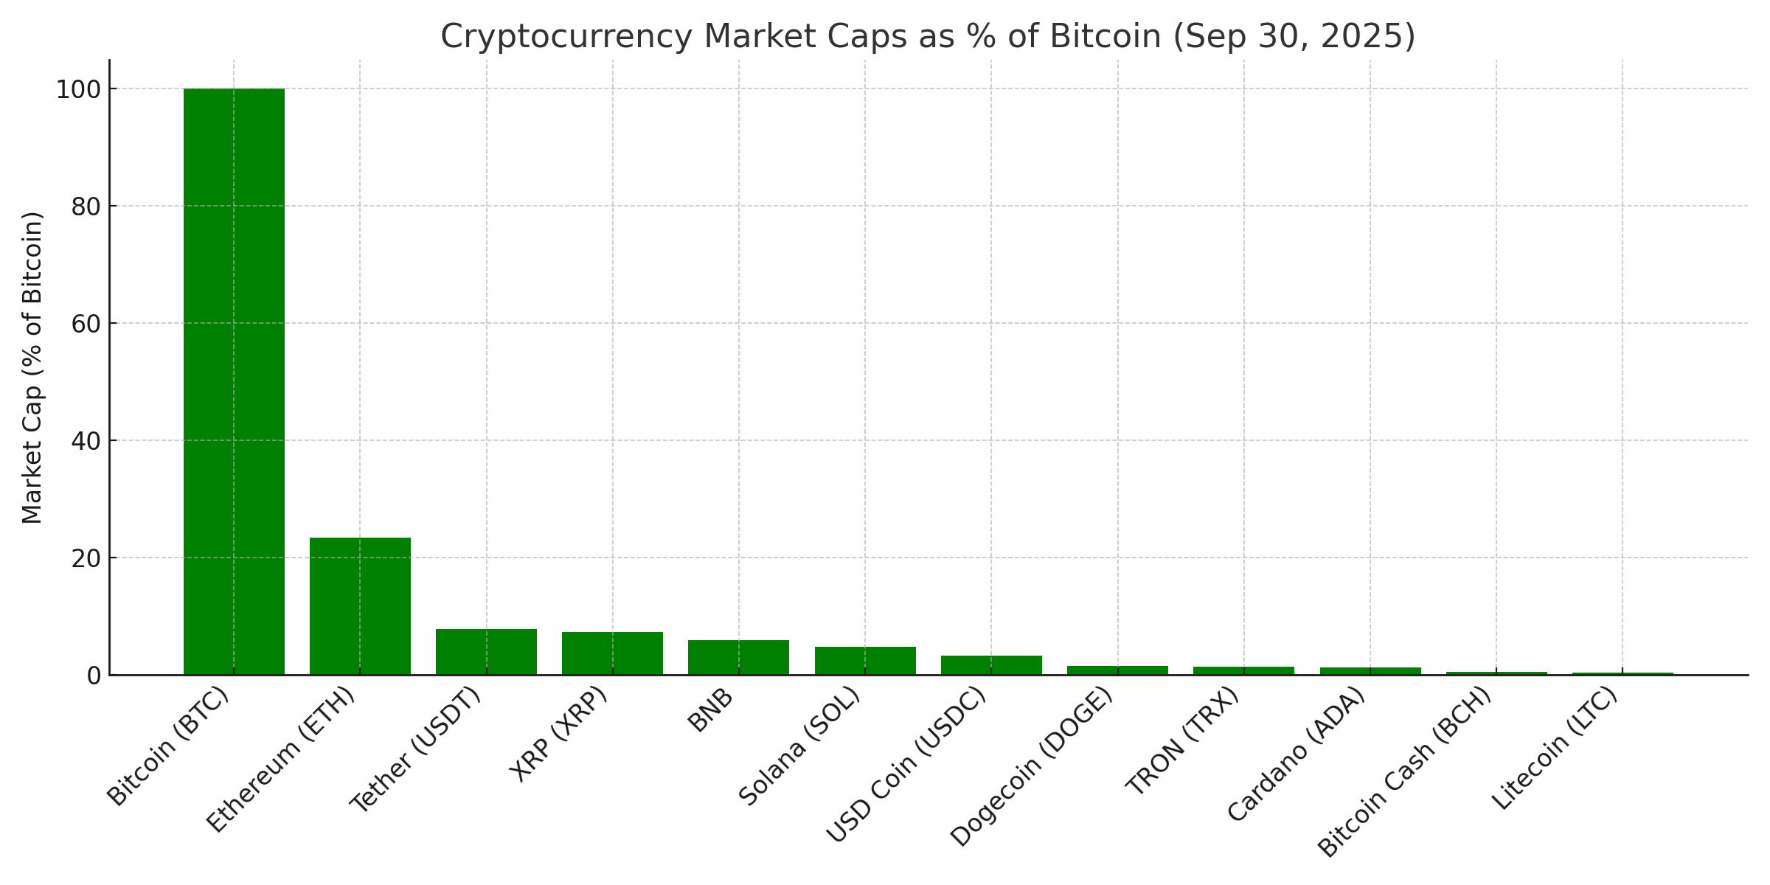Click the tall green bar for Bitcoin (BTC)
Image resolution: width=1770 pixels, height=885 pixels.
pos(234,381)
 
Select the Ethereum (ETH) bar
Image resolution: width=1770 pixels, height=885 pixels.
pos(360,605)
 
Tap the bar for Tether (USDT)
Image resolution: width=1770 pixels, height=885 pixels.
pos(486,651)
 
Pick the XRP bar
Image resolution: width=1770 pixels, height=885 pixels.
pos(612,653)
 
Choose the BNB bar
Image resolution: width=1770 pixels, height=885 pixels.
pos(738,657)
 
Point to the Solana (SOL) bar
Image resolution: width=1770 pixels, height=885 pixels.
pos(865,661)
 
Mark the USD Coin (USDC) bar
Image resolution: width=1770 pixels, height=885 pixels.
pos(991,664)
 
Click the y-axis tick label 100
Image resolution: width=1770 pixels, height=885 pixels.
pos(77,89)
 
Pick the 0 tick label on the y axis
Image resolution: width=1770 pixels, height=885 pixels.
pos(94,676)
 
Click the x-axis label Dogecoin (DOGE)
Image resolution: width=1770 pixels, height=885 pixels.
pos(1031,767)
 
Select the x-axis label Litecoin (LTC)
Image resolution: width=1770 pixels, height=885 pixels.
pos(1555,749)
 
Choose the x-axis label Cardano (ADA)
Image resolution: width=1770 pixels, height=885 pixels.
pos(1297,754)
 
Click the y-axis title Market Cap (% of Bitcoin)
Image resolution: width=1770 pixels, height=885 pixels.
pos(33,367)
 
